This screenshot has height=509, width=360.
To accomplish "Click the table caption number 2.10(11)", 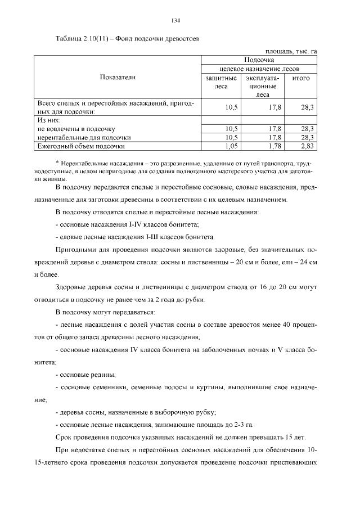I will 96,39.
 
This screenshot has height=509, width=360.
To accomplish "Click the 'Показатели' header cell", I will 118,77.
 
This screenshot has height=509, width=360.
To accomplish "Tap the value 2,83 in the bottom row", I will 306,146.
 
